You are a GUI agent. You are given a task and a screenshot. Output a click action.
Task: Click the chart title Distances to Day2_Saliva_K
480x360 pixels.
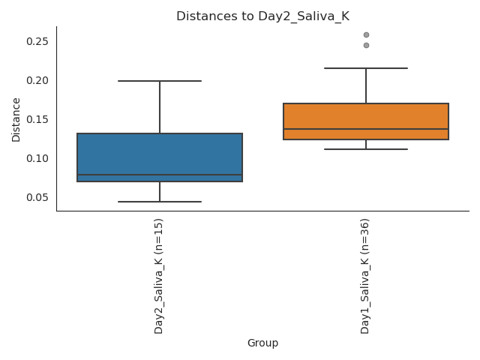click(x=262, y=16)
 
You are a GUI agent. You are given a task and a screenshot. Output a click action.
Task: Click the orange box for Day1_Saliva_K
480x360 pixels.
click(x=366, y=116)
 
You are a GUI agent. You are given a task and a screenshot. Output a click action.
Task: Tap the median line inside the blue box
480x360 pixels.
click(x=160, y=175)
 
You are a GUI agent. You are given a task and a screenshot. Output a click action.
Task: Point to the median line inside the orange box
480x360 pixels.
click(x=366, y=129)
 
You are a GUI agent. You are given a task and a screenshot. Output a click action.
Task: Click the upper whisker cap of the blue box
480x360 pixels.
click(x=160, y=81)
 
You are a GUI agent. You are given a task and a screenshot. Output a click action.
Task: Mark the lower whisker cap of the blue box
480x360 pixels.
click(x=160, y=202)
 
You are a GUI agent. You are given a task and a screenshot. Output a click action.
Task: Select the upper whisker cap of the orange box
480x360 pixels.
click(x=366, y=68)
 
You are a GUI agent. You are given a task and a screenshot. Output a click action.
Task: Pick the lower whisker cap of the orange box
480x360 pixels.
click(x=366, y=149)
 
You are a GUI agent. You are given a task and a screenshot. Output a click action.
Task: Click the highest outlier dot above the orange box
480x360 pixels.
click(x=366, y=34)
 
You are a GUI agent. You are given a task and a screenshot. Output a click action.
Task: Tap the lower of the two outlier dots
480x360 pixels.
click(x=366, y=45)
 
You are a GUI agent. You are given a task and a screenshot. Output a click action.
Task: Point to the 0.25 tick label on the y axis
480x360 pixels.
click(x=37, y=41)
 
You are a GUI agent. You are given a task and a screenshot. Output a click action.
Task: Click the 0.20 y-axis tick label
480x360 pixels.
click(x=37, y=80)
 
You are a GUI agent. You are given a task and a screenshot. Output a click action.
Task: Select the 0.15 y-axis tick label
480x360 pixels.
click(x=37, y=119)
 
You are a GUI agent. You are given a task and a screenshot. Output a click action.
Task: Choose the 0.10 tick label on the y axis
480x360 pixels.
click(x=37, y=158)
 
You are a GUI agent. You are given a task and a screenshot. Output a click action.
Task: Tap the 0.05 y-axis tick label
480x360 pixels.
click(x=37, y=197)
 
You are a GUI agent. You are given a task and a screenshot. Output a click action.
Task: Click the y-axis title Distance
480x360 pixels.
click(x=16, y=118)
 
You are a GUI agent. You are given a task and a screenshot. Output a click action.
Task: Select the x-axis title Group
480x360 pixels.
click(x=262, y=343)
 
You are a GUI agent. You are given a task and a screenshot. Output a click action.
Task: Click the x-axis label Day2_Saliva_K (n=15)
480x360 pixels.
click(x=159, y=276)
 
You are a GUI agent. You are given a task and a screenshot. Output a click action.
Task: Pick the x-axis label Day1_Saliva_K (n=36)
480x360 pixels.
click(x=365, y=276)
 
